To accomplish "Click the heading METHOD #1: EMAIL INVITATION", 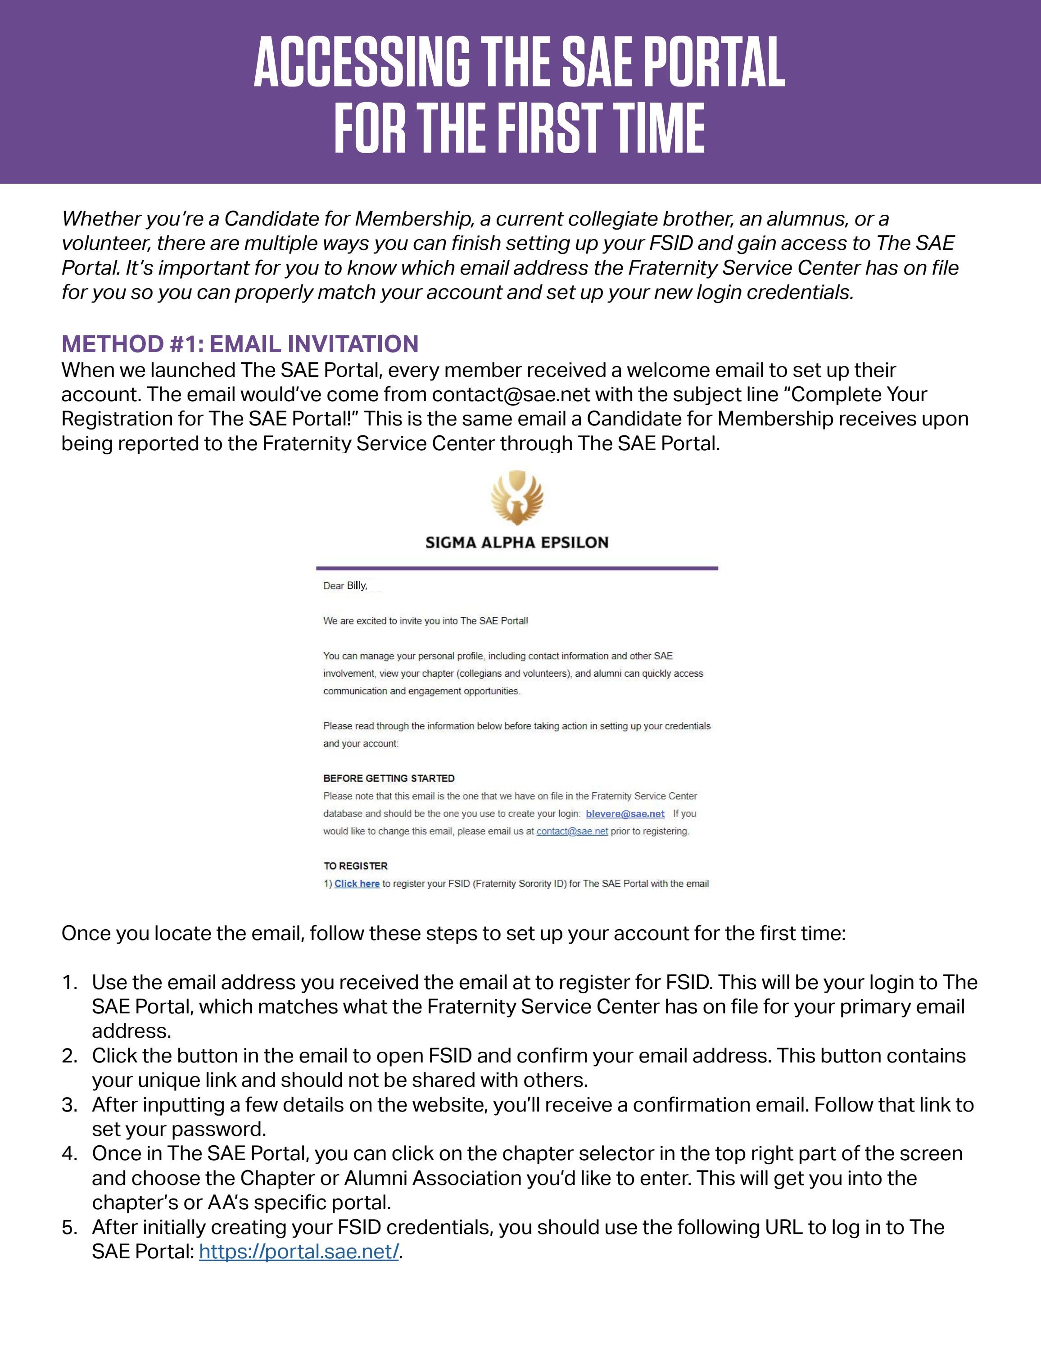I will click(240, 344).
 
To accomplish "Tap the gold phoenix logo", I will click(517, 498).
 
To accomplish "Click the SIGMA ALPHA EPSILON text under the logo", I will click(517, 543).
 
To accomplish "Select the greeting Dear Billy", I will click(345, 586).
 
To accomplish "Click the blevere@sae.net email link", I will click(625, 814).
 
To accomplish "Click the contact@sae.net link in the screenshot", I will click(572, 832).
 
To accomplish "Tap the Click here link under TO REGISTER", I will click(357, 884).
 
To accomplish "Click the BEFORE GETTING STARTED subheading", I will click(389, 778).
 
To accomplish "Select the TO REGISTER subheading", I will click(356, 866).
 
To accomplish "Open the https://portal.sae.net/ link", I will click(299, 1252).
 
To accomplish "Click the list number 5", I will click(69, 1227).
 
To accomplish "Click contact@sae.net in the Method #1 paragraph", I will click(511, 394).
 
